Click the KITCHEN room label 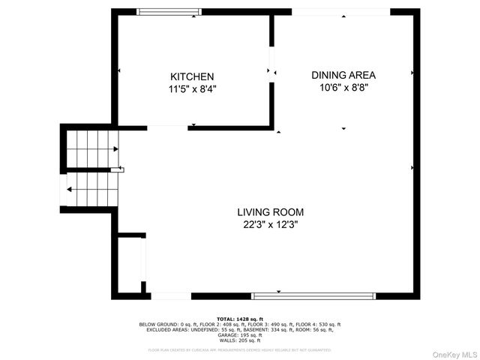[192, 76]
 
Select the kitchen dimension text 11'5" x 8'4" [192, 88]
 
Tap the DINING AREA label [343, 75]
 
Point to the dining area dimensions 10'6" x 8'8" [343, 87]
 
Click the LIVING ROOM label [271, 212]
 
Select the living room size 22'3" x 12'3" [271, 224]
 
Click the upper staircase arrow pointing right [115, 149]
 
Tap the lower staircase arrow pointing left [70, 189]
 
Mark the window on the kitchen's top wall [169, 11]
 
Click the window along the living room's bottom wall [313, 295]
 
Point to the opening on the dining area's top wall [340, 11]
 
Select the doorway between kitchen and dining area [271, 71]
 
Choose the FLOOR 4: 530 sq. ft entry [320, 324]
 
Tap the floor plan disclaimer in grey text [240, 349]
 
